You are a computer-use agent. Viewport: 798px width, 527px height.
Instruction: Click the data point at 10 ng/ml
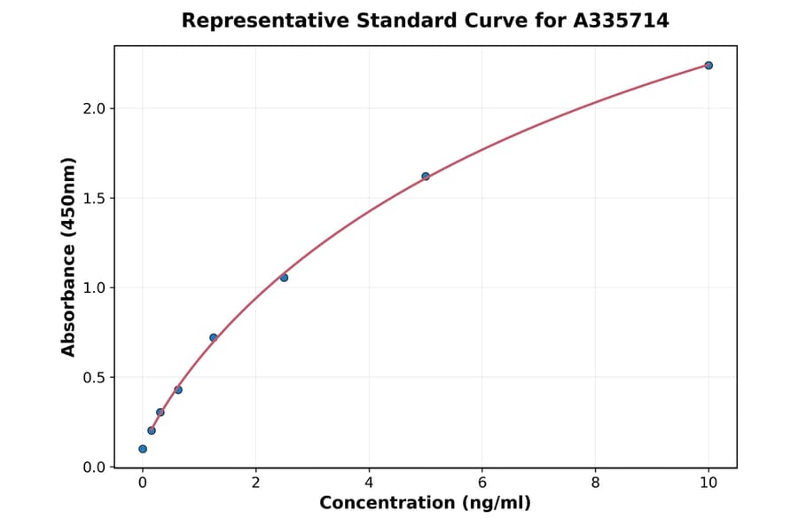click(x=708, y=66)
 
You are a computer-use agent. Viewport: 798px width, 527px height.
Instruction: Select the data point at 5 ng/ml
click(x=426, y=177)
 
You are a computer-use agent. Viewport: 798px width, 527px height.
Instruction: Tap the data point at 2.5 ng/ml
click(x=284, y=278)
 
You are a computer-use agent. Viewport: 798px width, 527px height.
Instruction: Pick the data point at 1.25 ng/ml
click(x=214, y=337)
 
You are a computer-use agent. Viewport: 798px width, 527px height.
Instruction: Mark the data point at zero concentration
click(x=143, y=449)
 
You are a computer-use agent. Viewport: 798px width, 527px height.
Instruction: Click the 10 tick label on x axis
click(x=708, y=483)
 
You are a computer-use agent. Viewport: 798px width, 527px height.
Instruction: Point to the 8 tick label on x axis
click(x=595, y=483)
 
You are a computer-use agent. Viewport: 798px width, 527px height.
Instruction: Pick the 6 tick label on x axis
click(x=481, y=483)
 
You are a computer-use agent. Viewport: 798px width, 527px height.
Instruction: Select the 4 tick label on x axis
click(x=369, y=483)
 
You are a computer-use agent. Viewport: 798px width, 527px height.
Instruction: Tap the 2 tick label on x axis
click(x=255, y=483)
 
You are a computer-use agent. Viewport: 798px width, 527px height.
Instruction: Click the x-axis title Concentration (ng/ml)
click(x=425, y=504)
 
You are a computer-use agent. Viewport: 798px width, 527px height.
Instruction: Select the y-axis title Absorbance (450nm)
click(x=68, y=256)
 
